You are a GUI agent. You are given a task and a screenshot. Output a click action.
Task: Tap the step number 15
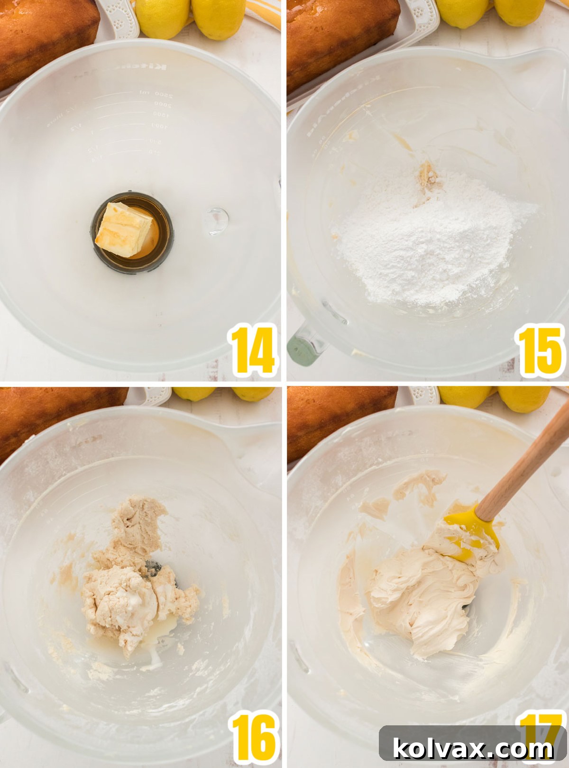pyautogui.click(x=540, y=351)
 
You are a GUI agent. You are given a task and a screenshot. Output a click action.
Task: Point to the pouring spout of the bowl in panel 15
pyautogui.click(x=545, y=71)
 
